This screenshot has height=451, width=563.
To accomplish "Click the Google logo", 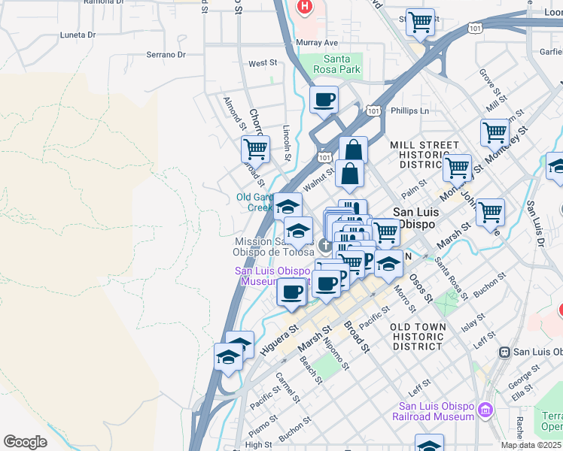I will click(25, 442).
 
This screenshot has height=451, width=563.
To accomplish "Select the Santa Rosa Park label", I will click(342, 64).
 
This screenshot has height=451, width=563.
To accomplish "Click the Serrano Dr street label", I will click(166, 55).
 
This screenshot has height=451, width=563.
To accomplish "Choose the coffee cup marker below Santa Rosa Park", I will click(324, 100).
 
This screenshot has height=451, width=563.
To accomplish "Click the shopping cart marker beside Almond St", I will click(255, 149).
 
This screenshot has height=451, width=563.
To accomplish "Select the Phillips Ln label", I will click(409, 110).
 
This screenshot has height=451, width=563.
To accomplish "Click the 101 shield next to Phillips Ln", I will click(373, 110).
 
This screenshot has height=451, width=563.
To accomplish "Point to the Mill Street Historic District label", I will click(424, 154).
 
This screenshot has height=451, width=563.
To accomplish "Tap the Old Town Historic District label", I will click(418, 336).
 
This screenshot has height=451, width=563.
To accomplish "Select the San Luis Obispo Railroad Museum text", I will click(436, 411).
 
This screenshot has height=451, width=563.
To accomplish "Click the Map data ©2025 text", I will click(531, 445).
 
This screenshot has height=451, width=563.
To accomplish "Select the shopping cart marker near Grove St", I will click(494, 132).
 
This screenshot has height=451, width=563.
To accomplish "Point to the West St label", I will click(263, 64).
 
